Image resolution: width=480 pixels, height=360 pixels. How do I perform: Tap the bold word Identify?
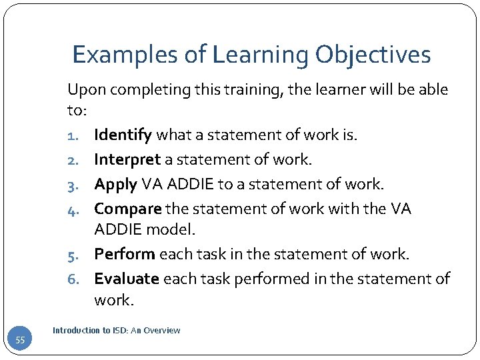tap(123, 136)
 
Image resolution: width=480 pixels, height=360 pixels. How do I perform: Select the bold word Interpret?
tap(127, 160)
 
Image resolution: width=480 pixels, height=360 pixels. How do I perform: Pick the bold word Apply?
tap(115, 184)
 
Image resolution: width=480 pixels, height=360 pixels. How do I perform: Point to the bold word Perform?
tap(125, 254)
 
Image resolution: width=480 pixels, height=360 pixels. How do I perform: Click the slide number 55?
tap(21, 341)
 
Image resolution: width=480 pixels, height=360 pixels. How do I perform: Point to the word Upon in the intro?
tap(83, 89)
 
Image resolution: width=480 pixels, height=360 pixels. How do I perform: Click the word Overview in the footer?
tap(163, 330)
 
